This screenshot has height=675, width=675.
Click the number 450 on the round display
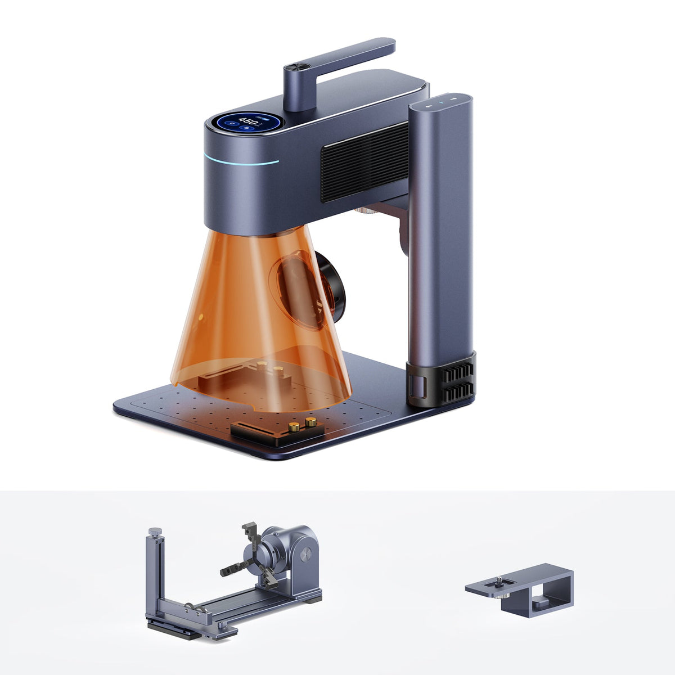click(x=248, y=120)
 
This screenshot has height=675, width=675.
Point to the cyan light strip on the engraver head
click(x=242, y=161)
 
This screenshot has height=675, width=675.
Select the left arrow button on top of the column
click(x=428, y=105)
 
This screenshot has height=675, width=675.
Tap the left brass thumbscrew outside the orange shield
click(x=294, y=427)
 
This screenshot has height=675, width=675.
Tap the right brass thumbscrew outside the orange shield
click(x=310, y=422)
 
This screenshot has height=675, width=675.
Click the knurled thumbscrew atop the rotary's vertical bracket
click(x=152, y=530)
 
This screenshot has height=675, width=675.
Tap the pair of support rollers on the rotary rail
click(x=191, y=607)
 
